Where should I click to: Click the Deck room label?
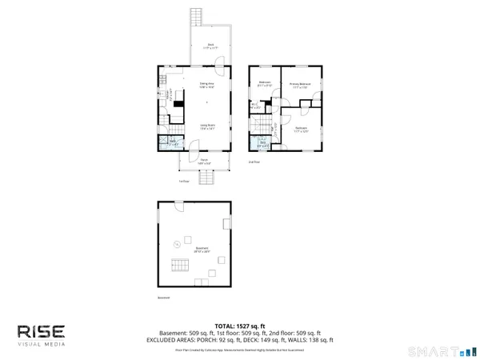coord(210,46)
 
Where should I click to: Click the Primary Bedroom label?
coord(299,85)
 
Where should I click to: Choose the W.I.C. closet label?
coord(254,105)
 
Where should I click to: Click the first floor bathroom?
coord(174,143)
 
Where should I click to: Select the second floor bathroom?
coord(263,144)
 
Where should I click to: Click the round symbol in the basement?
coord(176,243)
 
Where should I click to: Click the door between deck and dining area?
coord(210,66)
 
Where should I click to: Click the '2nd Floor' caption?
coord(254,162)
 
